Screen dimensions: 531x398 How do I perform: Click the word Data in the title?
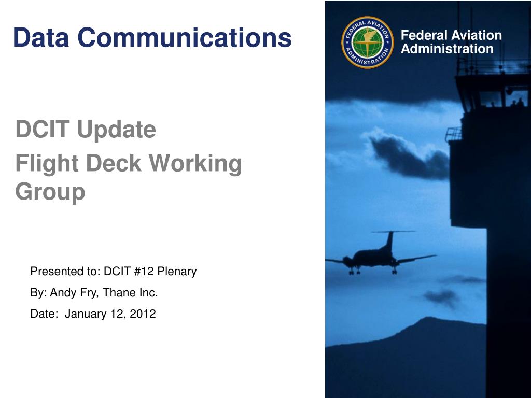pos(41,37)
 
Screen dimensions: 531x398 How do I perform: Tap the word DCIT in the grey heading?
pos(43,129)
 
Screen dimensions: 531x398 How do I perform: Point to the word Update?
pos(117,130)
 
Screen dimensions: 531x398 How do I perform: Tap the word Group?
pos(50,192)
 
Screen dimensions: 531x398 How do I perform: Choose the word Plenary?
pos(177,272)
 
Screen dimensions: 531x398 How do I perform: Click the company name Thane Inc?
pos(130,292)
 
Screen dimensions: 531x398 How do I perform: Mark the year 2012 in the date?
pos(143,314)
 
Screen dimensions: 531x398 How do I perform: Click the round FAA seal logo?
pos(368,42)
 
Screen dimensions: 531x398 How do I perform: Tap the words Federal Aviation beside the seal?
pos(451,35)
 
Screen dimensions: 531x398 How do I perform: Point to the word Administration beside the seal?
pos(447,49)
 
